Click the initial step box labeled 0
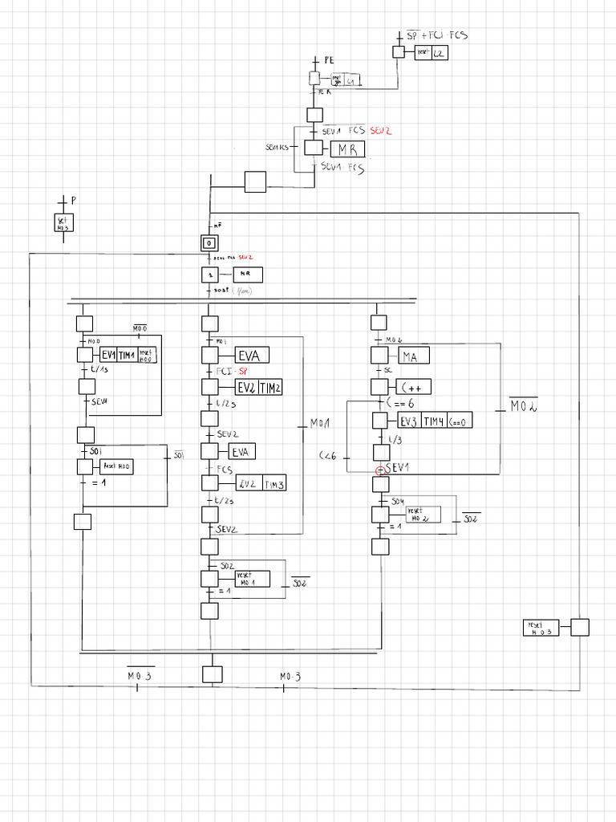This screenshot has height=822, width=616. [x=209, y=242]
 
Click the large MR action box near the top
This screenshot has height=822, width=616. [x=346, y=149]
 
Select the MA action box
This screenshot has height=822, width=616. [x=410, y=356]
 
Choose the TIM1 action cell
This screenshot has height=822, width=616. [x=127, y=356]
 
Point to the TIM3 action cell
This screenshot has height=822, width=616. [x=274, y=483]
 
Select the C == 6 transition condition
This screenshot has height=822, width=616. [x=399, y=403]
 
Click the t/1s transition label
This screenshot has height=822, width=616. [x=99, y=370]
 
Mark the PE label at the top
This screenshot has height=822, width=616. [x=329, y=61]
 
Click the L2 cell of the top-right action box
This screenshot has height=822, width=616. [x=440, y=53]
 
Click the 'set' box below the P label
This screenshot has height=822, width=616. [x=63, y=223]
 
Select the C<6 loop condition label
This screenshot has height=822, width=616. [x=329, y=456]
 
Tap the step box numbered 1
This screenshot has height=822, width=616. [x=209, y=275]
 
